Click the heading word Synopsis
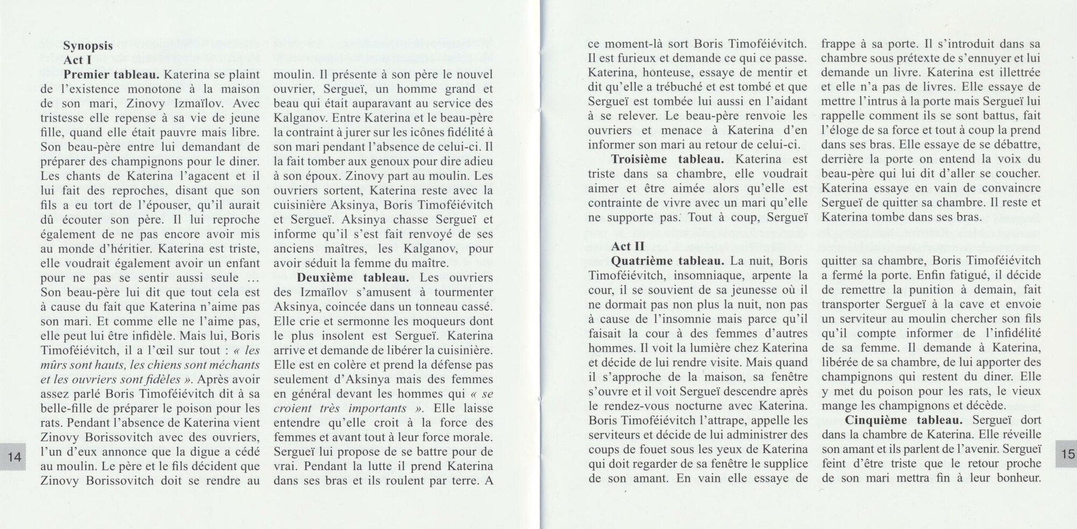click(88, 46)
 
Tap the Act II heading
click(627, 246)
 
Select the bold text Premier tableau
click(111, 74)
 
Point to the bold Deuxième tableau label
click(353, 278)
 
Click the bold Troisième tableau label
click(668, 159)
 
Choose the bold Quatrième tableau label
click(668, 261)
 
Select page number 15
click(1067, 454)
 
